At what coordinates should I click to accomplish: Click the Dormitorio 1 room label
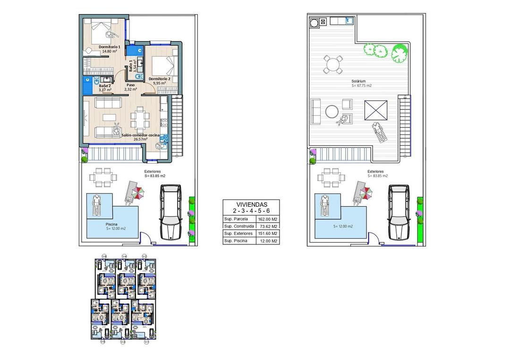[x=109, y=47]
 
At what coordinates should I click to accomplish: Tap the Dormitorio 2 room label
[x=159, y=79]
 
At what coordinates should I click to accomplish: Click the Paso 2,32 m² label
[x=130, y=87]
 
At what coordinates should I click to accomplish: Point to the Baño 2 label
[x=105, y=86]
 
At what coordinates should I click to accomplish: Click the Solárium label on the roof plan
[x=358, y=81]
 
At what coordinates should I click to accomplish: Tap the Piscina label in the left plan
[x=111, y=225]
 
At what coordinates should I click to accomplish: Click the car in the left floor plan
[x=170, y=212]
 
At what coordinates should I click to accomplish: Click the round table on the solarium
[x=333, y=64]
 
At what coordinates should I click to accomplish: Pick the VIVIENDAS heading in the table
[x=251, y=204]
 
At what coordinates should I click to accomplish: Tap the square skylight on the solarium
[x=376, y=111]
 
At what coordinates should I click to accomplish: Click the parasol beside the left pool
[x=137, y=192]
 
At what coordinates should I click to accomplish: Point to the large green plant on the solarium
[x=399, y=53]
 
